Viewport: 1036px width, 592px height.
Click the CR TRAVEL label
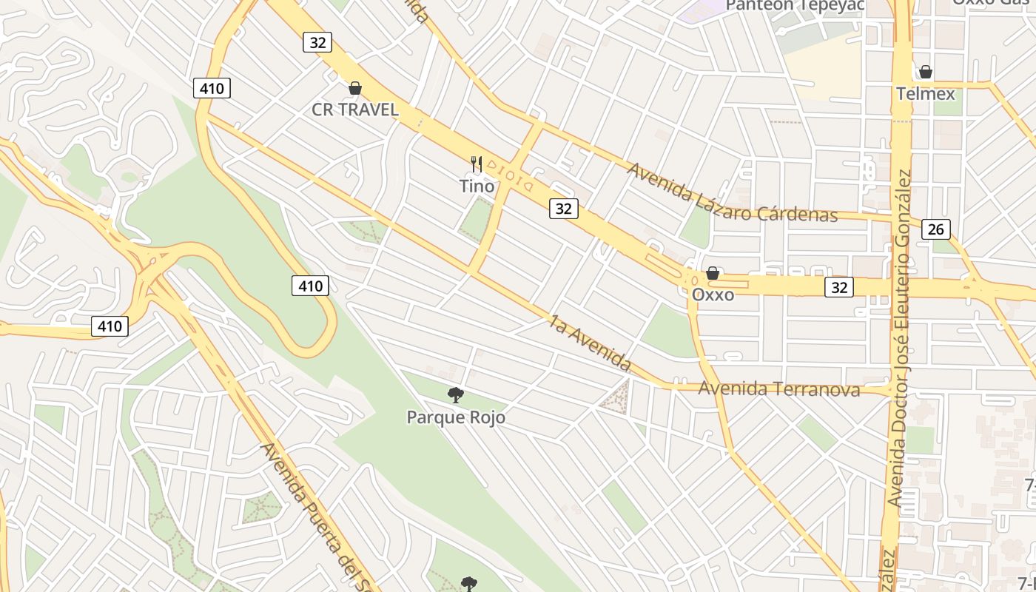tap(355, 110)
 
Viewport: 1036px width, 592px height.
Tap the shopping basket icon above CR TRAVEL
tap(355, 88)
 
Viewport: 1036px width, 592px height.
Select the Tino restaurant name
tap(477, 186)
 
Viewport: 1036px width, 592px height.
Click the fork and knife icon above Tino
tap(477, 164)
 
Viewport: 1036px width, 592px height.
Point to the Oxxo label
tap(713, 295)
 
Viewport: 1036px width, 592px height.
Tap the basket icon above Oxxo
tap(713, 273)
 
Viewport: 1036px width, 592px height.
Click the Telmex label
tap(925, 94)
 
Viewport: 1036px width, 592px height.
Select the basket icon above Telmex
tap(925, 72)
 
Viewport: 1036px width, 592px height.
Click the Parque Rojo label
tap(456, 417)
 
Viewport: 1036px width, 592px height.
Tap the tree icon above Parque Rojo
tap(456, 395)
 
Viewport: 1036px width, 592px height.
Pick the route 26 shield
tap(935, 229)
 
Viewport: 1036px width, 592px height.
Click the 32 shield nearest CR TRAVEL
tap(317, 42)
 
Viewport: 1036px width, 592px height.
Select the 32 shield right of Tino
tap(563, 209)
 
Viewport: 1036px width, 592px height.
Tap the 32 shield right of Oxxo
tap(839, 287)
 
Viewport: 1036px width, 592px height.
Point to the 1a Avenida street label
tap(590, 343)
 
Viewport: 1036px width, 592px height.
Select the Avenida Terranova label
tap(779, 388)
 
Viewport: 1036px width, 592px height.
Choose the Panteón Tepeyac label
tap(795, 6)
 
